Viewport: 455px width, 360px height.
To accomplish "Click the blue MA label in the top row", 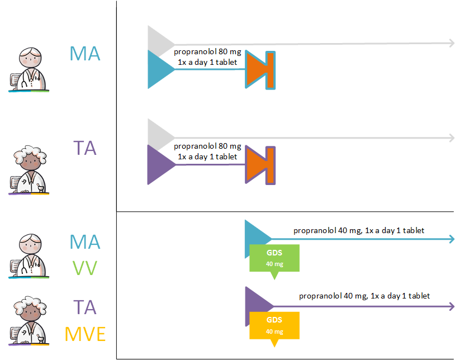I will pyautogui.click(x=85, y=54).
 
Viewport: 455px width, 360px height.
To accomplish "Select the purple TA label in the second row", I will pyautogui.click(x=85, y=148).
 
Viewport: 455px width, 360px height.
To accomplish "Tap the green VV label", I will pyautogui.click(x=85, y=268).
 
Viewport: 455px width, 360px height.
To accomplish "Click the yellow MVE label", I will pyautogui.click(x=85, y=334).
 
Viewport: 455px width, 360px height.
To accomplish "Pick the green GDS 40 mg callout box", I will pyautogui.click(x=274, y=258).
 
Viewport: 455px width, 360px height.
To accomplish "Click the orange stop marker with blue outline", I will pyautogui.click(x=260, y=69).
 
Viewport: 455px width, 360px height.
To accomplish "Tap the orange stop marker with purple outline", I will pyautogui.click(x=260, y=165).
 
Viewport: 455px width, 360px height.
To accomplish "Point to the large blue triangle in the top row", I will pyautogui.click(x=158, y=69).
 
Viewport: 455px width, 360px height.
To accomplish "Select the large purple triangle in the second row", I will pyautogui.click(x=158, y=165).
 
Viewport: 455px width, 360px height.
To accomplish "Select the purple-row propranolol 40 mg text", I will pyautogui.click(x=364, y=296).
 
